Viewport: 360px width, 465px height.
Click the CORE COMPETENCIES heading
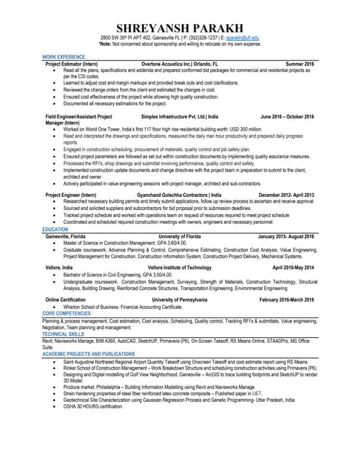click(68, 312)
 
